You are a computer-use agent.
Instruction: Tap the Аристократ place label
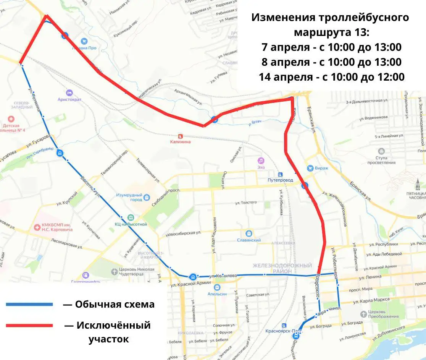point(69,99)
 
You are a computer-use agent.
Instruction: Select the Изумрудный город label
point(129,197)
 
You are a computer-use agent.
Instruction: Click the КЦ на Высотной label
point(131,224)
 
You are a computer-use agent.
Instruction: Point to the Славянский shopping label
point(248,240)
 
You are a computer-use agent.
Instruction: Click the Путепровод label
point(280,180)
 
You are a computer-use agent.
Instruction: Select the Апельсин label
point(217,294)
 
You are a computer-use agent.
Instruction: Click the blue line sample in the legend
point(29,304)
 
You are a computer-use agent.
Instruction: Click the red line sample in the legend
point(29,326)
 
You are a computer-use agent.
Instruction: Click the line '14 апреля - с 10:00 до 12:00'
point(331,77)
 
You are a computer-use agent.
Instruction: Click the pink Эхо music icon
point(261,160)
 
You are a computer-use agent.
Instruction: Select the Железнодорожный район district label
point(282,268)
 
